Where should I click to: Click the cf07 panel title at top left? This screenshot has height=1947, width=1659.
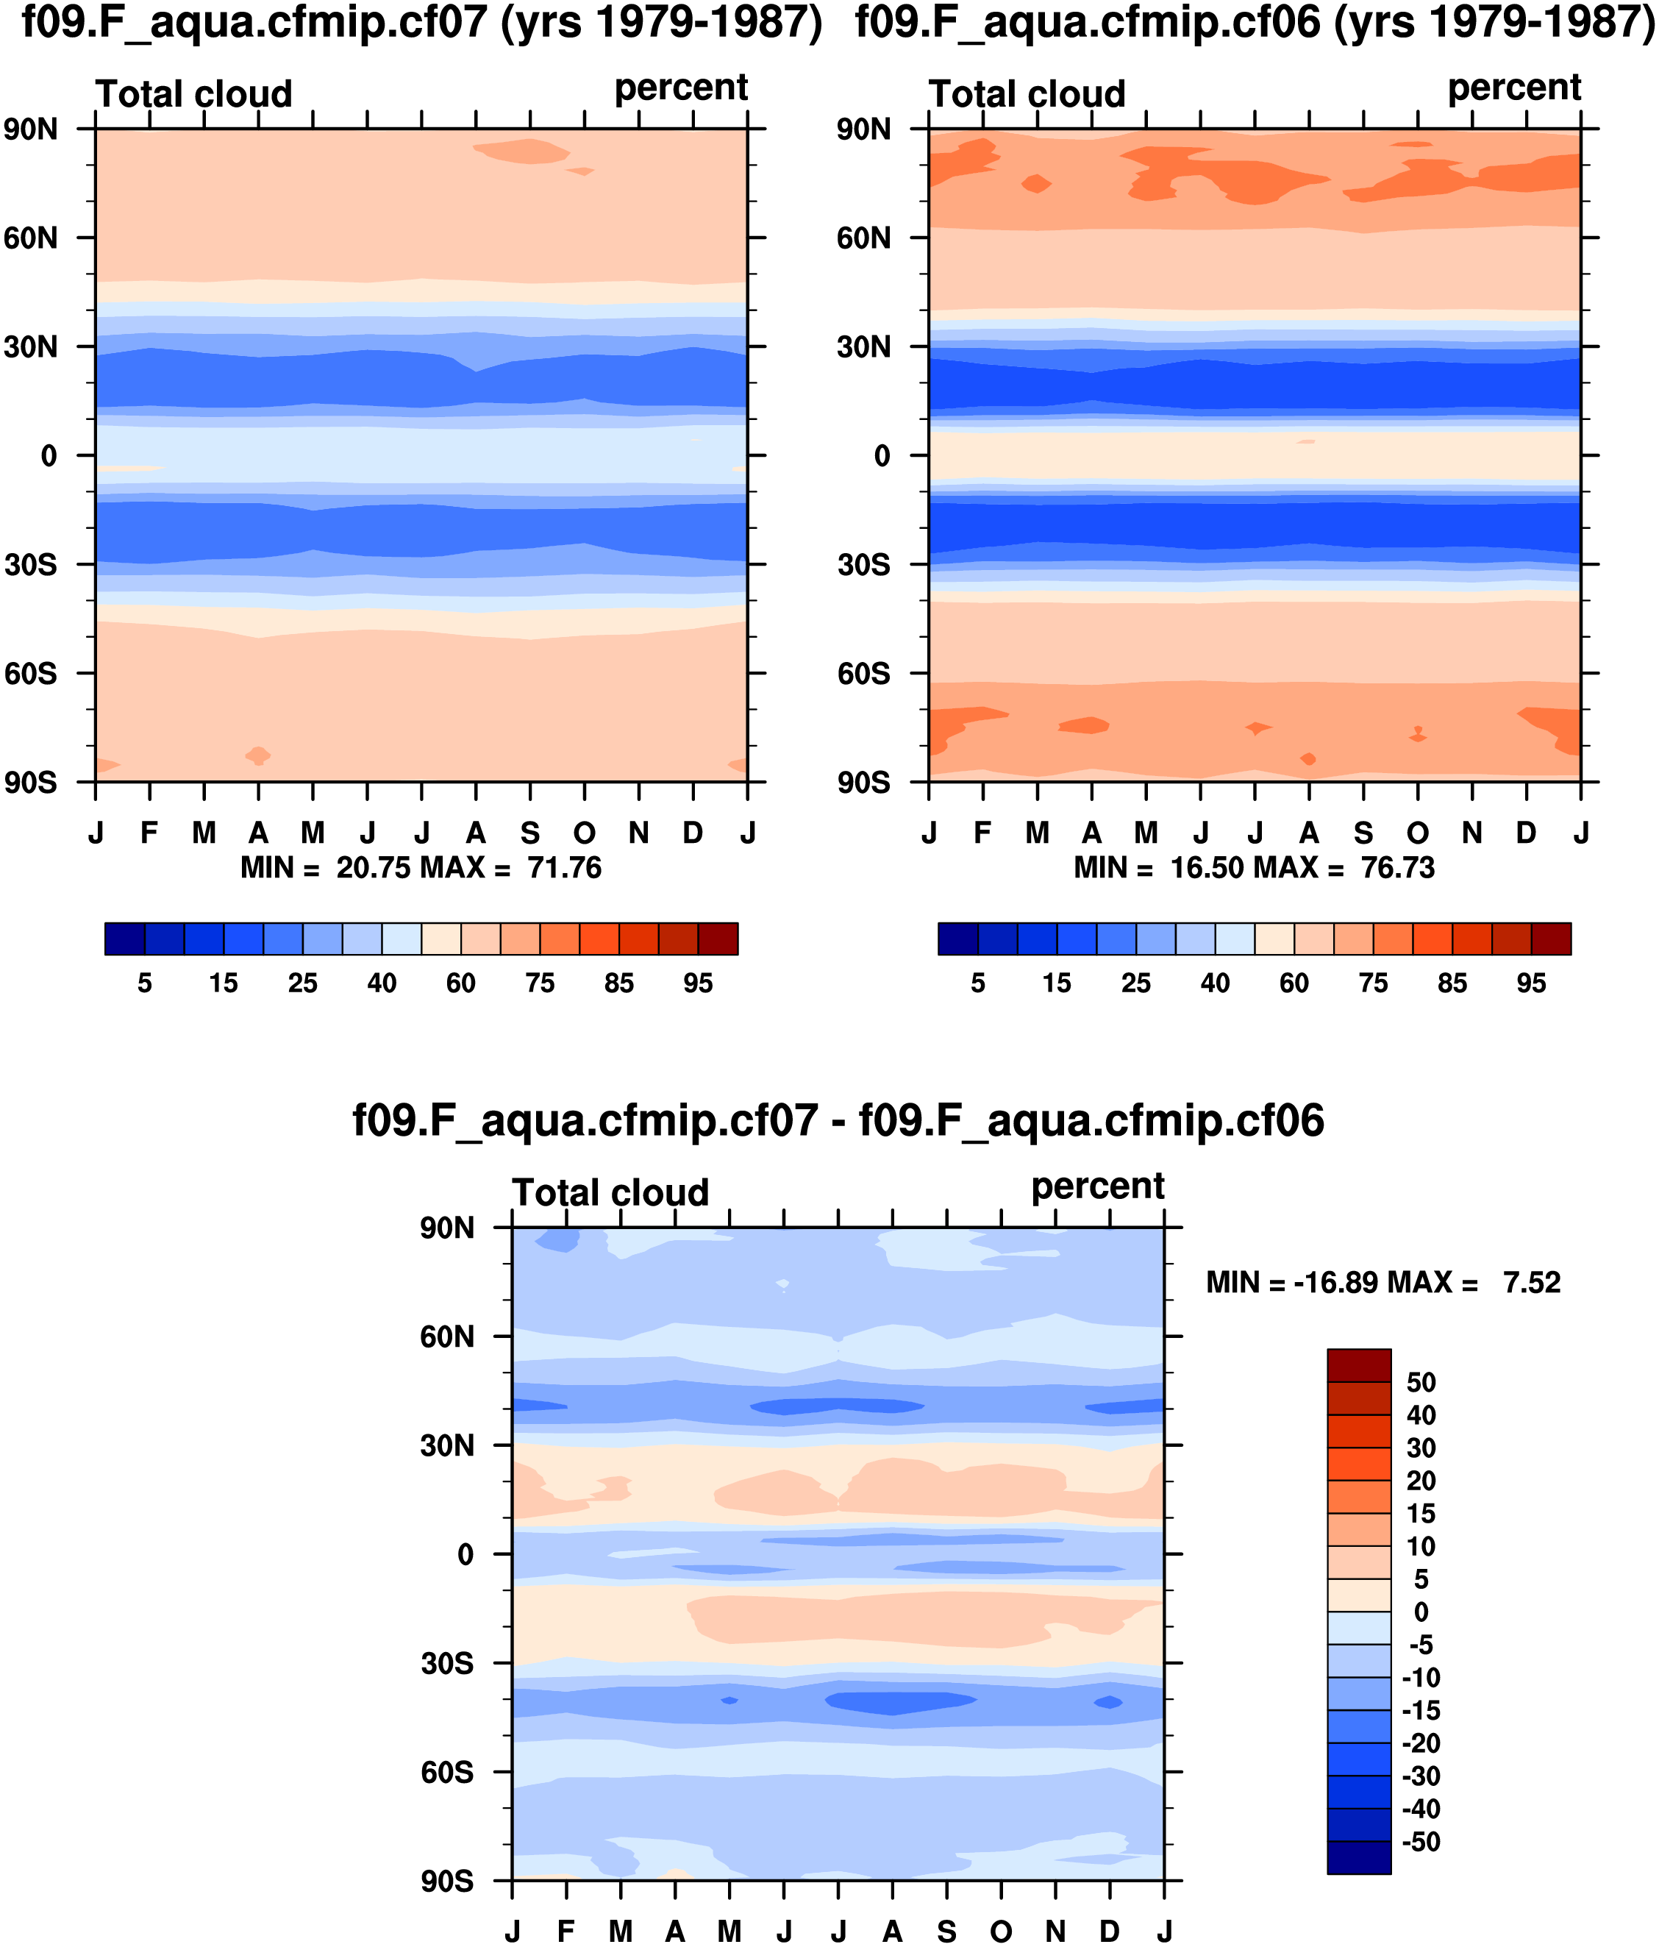(422, 23)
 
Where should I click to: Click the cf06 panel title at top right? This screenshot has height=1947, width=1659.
(1255, 23)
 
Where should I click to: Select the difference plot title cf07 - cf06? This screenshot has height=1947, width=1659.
(838, 1121)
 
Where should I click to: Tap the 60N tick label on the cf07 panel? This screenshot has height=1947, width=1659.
(31, 238)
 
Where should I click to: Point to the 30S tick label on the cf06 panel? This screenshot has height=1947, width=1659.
(863, 565)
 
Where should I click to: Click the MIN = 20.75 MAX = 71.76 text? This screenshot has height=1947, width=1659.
(421, 867)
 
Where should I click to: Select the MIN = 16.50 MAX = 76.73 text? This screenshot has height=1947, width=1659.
(1254, 867)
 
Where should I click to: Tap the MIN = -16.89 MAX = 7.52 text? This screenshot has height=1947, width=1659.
(1382, 1282)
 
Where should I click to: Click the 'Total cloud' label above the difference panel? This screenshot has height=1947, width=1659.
(610, 1192)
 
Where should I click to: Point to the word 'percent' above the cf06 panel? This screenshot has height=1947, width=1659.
(1514, 88)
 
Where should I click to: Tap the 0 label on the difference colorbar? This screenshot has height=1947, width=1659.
(1421, 1612)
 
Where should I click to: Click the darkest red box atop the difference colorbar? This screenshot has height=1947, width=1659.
(1358, 1365)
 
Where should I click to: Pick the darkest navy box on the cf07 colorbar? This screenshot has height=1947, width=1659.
(125, 939)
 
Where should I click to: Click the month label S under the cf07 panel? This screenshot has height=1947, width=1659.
(531, 833)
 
